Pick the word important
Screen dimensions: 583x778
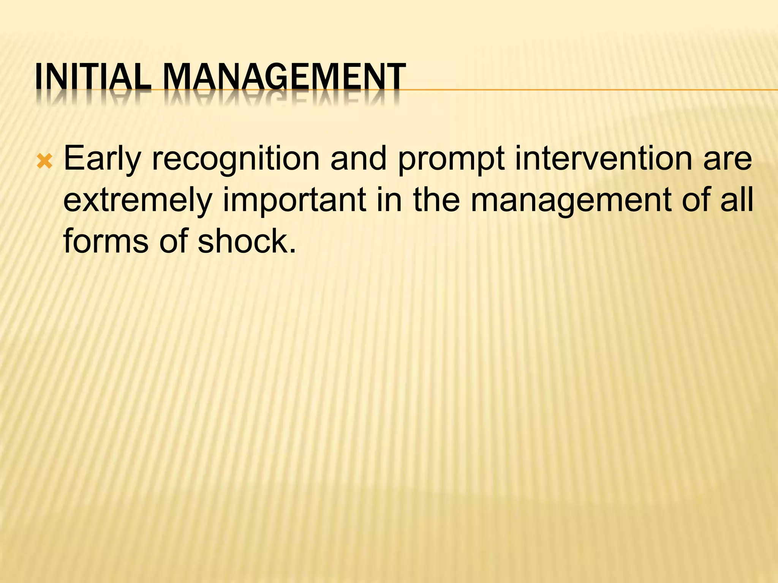pyautogui.click(x=294, y=200)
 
